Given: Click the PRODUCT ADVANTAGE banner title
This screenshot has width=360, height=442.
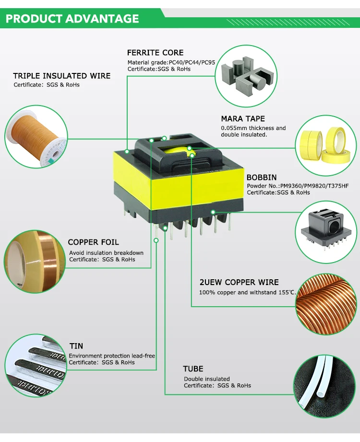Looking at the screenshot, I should pyautogui.click(x=72, y=19).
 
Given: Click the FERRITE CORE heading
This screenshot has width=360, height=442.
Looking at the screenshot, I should pyautogui.click(x=155, y=53).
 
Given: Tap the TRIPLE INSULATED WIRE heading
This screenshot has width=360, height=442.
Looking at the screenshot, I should pyautogui.click(x=61, y=76).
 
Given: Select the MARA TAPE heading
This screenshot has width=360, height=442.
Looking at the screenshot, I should pyautogui.click(x=242, y=119).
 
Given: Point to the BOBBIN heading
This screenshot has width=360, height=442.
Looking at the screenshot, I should pyautogui.click(x=261, y=178).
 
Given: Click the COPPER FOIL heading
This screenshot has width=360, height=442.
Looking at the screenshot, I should pyautogui.click(x=93, y=242).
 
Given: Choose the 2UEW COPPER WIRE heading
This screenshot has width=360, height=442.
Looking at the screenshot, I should pyautogui.click(x=239, y=283).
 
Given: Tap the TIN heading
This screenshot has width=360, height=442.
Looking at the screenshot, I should pyautogui.click(x=76, y=346).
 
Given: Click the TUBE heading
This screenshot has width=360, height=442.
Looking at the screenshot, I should pyautogui.click(x=193, y=369).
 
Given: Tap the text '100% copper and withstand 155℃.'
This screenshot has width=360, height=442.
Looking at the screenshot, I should pyautogui.click(x=248, y=292).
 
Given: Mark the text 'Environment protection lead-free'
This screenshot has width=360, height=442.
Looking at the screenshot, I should pyautogui.click(x=112, y=356).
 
